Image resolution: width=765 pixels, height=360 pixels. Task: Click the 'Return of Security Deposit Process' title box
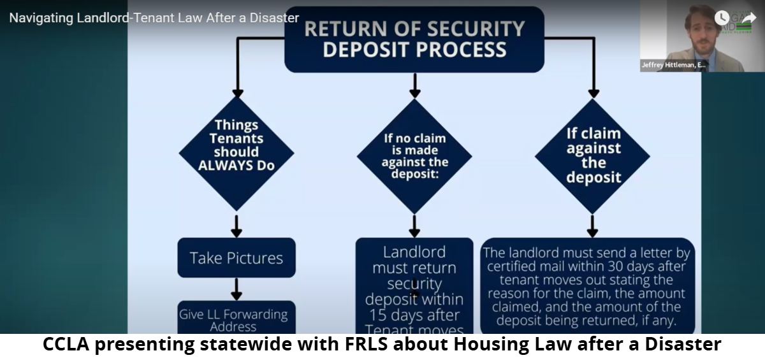(414, 39)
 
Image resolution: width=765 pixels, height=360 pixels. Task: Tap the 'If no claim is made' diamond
(414, 155)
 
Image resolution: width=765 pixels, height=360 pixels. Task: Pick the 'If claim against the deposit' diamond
(592, 155)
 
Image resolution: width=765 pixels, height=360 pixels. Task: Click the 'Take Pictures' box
(236, 258)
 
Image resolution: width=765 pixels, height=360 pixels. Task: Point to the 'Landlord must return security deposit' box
(414, 287)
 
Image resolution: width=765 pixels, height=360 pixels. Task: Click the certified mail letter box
(587, 287)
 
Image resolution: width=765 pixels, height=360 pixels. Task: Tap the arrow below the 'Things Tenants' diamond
(237, 225)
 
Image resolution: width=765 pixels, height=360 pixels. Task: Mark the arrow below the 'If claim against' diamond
(592, 226)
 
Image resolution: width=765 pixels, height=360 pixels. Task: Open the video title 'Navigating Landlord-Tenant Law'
(154, 18)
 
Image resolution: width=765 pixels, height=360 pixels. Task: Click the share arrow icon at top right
(748, 18)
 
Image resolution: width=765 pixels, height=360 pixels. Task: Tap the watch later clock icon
(722, 18)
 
